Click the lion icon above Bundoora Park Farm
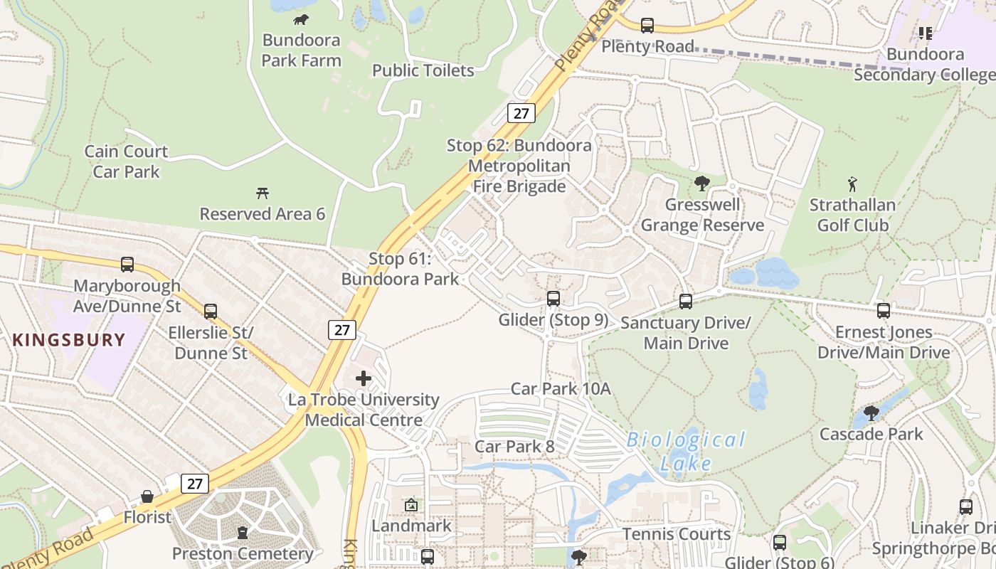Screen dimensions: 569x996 click(x=301, y=19)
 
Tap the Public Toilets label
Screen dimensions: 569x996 click(x=423, y=70)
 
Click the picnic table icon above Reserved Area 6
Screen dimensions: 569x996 click(x=263, y=193)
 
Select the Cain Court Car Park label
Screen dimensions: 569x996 click(x=126, y=161)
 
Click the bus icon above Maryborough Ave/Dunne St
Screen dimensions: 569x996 click(x=127, y=265)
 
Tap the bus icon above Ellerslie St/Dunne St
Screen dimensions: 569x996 click(x=211, y=311)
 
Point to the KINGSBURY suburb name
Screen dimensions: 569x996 click(x=69, y=340)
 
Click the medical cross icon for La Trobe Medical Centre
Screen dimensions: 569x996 click(x=364, y=378)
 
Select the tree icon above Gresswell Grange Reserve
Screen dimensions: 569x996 click(x=702, y=184)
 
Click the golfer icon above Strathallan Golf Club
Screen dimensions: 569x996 click(x=852, y=185)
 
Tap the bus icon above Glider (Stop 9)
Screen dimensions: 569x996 click(x=553, y=299)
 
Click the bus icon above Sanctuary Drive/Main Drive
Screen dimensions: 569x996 click(x=686, y=302)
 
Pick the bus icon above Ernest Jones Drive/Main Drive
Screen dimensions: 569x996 click(x=884, y=311)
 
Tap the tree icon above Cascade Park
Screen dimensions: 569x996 click(x=871, y=413)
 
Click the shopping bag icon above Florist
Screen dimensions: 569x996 click(x=147, y=496)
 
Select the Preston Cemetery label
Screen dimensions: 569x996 click(x=243, y=553)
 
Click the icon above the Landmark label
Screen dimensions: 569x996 click(x=411, y=505)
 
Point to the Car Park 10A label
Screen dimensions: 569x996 click(x=561, y=389)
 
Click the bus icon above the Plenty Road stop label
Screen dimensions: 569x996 click(x=647, y=26)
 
